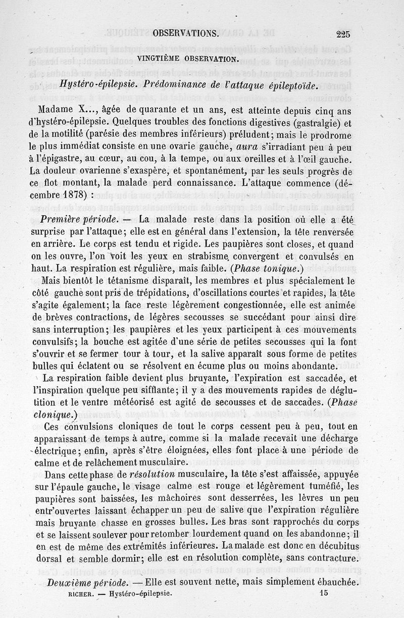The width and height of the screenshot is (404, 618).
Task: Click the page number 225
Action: point(342,34)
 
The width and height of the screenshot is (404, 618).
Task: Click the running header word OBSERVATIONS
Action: point(185,33)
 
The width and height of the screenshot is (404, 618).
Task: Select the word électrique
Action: point(55,451)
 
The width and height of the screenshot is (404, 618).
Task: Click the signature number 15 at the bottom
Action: point(324,594)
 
